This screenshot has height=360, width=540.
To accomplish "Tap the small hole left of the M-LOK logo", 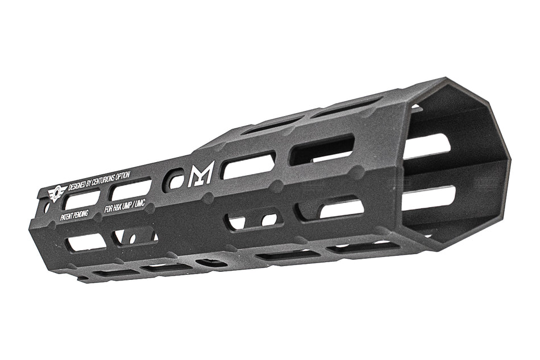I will click(175, 180).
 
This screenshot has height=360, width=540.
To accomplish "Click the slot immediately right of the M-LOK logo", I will click(248, 165).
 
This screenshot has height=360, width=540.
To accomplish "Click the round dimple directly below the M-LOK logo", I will click(208, 198).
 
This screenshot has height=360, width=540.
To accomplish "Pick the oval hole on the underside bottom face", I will click(211, 263).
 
